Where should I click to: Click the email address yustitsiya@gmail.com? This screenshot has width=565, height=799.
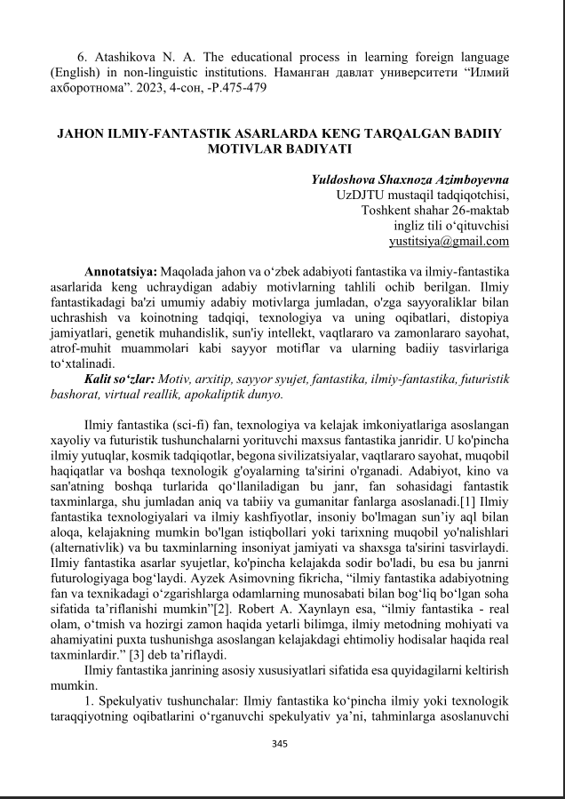point(449,241)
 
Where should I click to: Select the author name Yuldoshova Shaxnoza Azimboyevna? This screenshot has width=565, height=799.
point(410,179)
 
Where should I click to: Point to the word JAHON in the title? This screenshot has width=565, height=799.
point(81,133)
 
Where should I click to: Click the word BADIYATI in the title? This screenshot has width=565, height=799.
point(318,149)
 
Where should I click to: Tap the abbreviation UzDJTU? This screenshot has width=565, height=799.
point(360,195)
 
